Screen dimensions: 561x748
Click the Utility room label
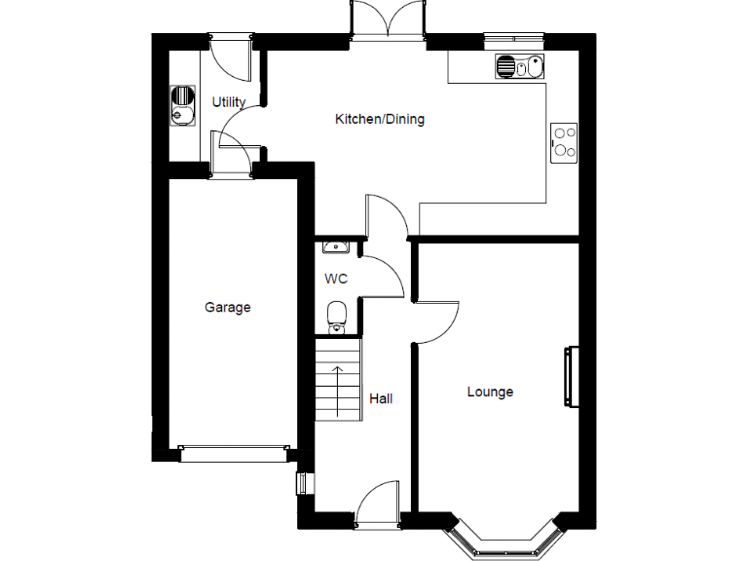click(x=229, y=102)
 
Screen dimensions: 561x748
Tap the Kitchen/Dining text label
click(x=380, y=120)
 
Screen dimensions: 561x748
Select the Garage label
click(x=227, y=308)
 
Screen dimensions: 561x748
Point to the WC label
click(x=336, y=279)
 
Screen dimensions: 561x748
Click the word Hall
click(x=381, y=398)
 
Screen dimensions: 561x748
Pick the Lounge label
click(x=490, y=393)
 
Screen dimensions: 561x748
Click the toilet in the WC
click(x=337, y=314)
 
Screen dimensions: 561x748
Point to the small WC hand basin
click(x=333, y=247)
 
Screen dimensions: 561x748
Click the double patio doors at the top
click(x=389, y=21)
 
